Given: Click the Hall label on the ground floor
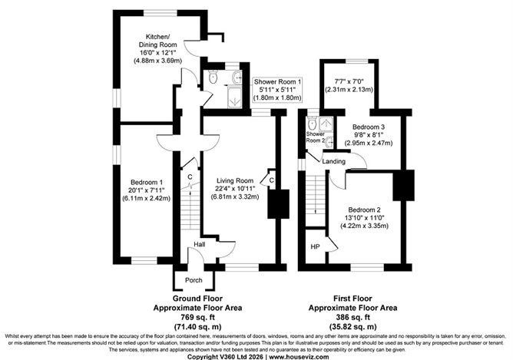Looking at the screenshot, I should point(199,244).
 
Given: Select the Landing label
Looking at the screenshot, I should point(333,161).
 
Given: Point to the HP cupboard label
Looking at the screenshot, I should point(315,246).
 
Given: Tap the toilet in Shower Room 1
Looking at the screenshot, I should point(213,77).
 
